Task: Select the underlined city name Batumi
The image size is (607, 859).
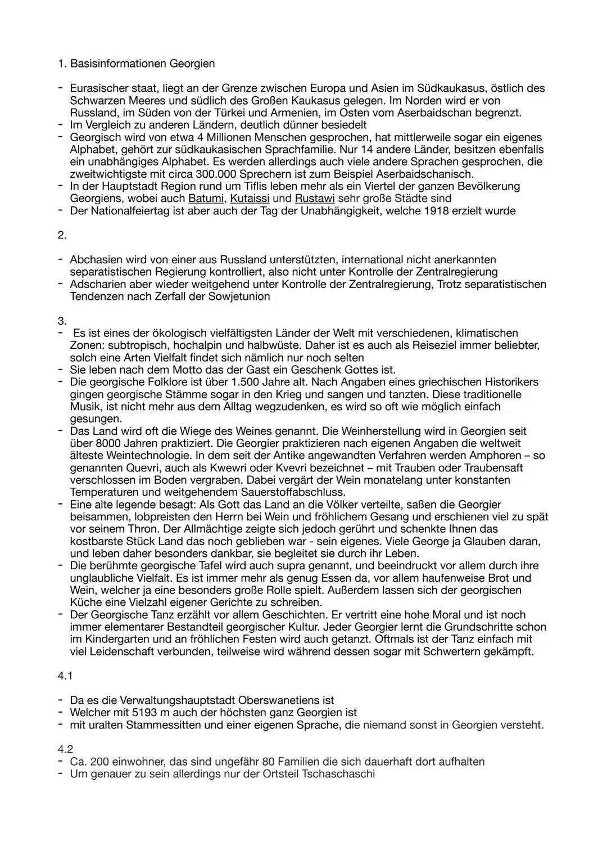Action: click(x=206, y=199)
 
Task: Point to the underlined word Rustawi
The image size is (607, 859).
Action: click(x=315, y=199)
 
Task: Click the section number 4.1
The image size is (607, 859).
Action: click(x=65, y=676)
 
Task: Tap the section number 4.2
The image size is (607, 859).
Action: click(x=65, y=750)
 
